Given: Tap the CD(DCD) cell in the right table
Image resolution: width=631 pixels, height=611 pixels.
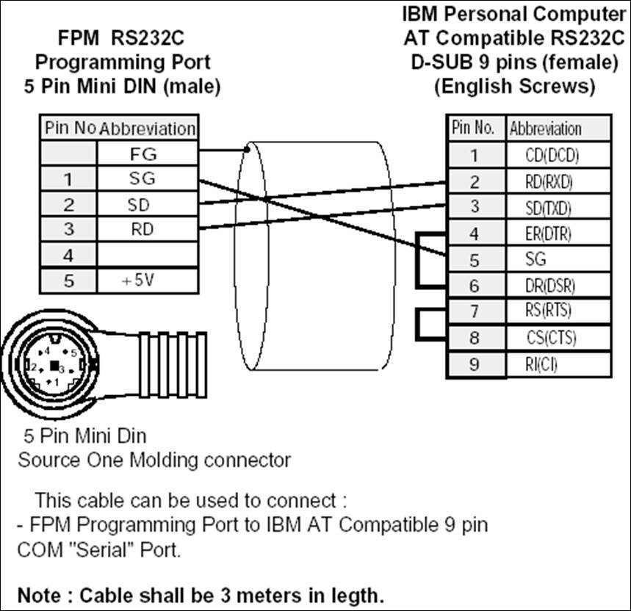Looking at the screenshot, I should [558, 155].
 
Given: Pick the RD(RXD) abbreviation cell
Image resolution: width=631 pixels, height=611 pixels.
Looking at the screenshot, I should [558, 181].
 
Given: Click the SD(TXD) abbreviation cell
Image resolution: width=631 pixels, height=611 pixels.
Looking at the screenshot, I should [558, 206].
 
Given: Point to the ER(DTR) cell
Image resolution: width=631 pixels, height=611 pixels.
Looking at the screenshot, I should [558, 233].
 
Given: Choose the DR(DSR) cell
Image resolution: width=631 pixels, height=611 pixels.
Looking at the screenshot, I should [558, 286].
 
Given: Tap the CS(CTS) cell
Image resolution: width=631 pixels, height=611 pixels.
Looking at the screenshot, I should [558, 338].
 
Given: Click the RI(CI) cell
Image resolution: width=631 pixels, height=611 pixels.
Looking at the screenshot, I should [558, 364].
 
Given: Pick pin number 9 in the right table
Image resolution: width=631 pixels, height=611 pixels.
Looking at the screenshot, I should [475, 364].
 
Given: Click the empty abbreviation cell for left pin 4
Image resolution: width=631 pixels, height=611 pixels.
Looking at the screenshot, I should [147, 256].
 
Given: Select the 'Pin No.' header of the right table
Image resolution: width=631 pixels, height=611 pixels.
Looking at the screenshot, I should [475, 128].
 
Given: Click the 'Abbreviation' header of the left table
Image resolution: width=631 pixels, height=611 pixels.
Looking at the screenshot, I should [147, 129].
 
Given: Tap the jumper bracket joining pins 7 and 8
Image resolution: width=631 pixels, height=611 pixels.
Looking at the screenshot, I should [420, 325].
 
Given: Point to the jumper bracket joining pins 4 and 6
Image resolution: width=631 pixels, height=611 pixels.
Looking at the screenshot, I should [420, 259].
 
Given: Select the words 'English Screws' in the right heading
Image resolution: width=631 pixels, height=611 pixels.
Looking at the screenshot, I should [514, 86].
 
